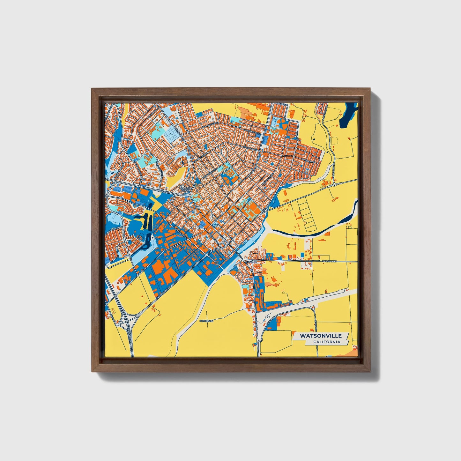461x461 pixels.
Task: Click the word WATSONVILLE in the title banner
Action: pos(321,336)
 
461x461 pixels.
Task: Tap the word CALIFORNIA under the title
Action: pos(326,342)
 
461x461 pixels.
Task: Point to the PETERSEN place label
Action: pos(206,320)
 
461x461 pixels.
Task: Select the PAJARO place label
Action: pos(251,261)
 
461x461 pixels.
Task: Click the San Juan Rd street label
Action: pos(330,261)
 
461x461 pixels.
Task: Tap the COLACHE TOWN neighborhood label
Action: pos(186,189)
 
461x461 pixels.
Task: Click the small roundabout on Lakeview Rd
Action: pos(334,184)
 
